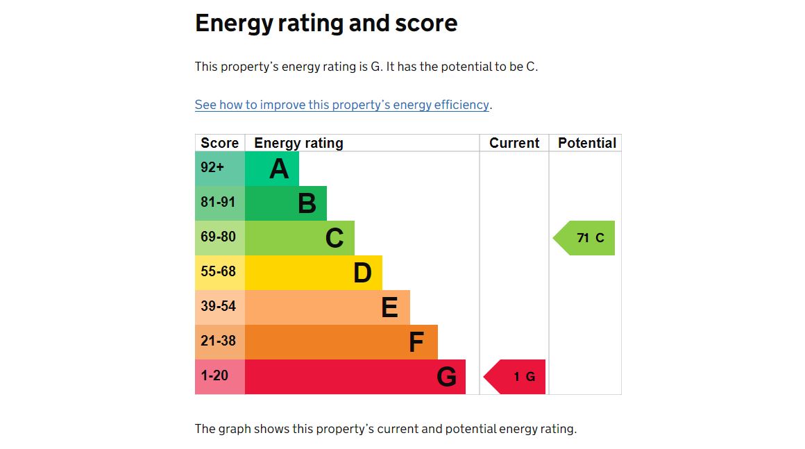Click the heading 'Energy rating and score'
326,24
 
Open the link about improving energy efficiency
342,105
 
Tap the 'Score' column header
219,143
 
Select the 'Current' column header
514,143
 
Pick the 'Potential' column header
586,143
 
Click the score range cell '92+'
212,167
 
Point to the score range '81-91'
218,202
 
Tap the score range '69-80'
218,237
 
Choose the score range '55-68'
218,271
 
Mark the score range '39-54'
218,306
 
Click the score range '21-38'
218,341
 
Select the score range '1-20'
214,375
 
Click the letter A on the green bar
279,169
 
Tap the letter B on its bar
307,203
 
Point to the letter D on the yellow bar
362,273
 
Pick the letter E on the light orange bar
389,307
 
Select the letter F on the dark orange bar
416,342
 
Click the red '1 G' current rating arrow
517,377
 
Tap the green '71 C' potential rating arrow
586,238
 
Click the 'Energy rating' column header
298,143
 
